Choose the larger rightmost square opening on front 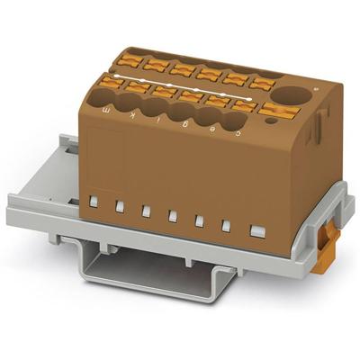pyautogui.click(x=257, y=232)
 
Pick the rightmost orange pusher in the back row pyautogui.click(x=262, y=83)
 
